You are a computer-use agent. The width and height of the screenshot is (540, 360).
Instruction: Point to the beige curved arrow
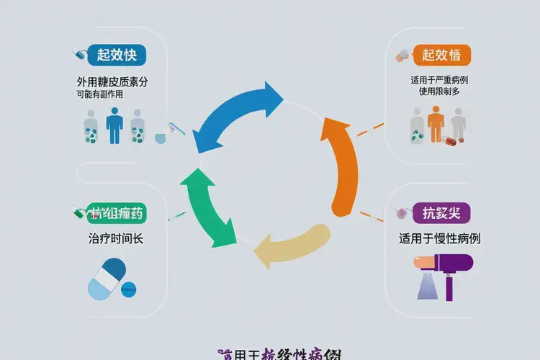pyautogui.click(x=292, y=245)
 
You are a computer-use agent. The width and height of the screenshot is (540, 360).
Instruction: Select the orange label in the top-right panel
pyautogui.click(x=441, y=54)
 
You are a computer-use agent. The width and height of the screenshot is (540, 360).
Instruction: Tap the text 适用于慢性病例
pyautogui.click(x=440, y=239)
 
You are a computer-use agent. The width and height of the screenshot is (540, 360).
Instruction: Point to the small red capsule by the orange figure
pyautogui.click(x=449, y=140)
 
